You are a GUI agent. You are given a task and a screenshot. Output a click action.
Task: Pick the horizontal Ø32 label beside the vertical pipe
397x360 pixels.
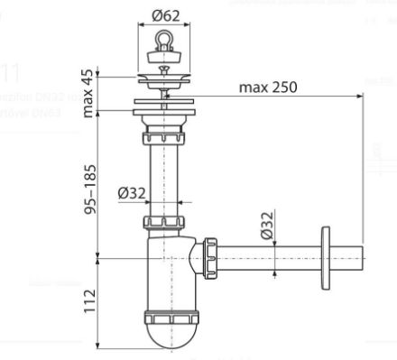pyautogui.click(x=133, y=192)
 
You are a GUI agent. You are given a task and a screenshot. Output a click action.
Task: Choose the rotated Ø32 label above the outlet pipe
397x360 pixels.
pyautogui.click(x=267, y=226)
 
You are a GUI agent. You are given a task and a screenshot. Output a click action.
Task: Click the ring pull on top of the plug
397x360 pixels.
pyautogui.click(x=165, y=40)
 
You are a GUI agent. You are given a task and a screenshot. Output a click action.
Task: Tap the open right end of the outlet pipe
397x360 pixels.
pyautogui.click(x=364, y=259)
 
